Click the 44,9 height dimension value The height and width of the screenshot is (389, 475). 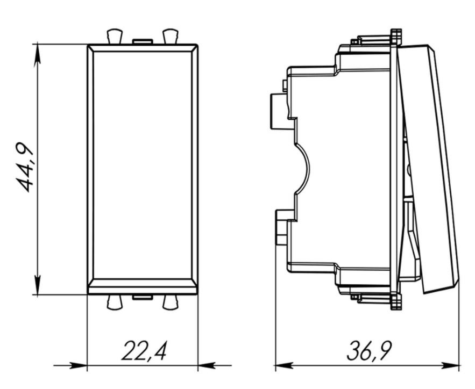coord(25,167)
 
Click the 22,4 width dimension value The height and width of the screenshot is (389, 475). coord(144,350)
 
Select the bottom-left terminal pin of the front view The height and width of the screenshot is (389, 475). coord(115,302)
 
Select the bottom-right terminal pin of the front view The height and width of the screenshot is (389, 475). coord(170,302)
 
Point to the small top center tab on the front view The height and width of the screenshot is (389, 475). coord(143,41)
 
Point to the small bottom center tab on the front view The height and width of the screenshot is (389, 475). coord(143,297)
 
